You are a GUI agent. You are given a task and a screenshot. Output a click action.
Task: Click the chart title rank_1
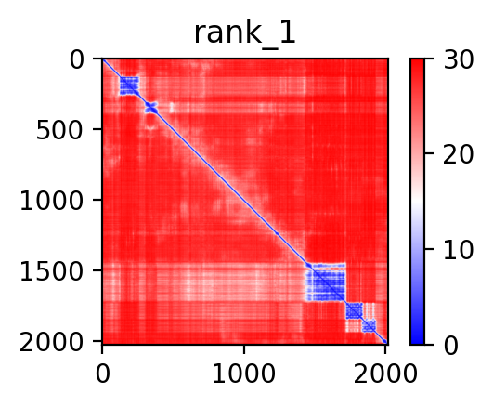244,33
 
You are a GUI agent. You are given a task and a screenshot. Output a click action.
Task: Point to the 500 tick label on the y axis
59,130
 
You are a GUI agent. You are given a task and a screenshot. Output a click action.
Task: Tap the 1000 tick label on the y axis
51,200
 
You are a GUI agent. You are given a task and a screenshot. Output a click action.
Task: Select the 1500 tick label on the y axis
51,270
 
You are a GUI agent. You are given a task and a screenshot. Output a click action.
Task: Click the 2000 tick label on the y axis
51,341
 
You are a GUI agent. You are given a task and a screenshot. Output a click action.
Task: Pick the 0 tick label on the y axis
76,59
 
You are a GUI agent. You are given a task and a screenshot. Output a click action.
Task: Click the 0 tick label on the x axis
102,374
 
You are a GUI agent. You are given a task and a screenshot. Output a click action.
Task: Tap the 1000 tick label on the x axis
244,374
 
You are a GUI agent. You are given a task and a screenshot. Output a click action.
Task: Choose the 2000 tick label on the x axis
385,374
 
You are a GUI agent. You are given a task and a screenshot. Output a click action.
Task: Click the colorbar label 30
458,59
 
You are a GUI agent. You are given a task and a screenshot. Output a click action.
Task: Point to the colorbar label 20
458,154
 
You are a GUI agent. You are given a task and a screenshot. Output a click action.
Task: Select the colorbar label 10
458,250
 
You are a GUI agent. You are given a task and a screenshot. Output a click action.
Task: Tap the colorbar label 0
450,346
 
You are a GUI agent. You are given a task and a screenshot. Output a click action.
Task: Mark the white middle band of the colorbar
417,202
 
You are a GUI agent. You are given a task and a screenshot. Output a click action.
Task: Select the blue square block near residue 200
129,85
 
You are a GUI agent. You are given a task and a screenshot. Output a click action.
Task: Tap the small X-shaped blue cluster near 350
151,108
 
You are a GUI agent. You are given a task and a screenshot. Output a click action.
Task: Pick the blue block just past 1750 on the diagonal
355,310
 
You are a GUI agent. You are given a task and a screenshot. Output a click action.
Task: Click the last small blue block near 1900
369,326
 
